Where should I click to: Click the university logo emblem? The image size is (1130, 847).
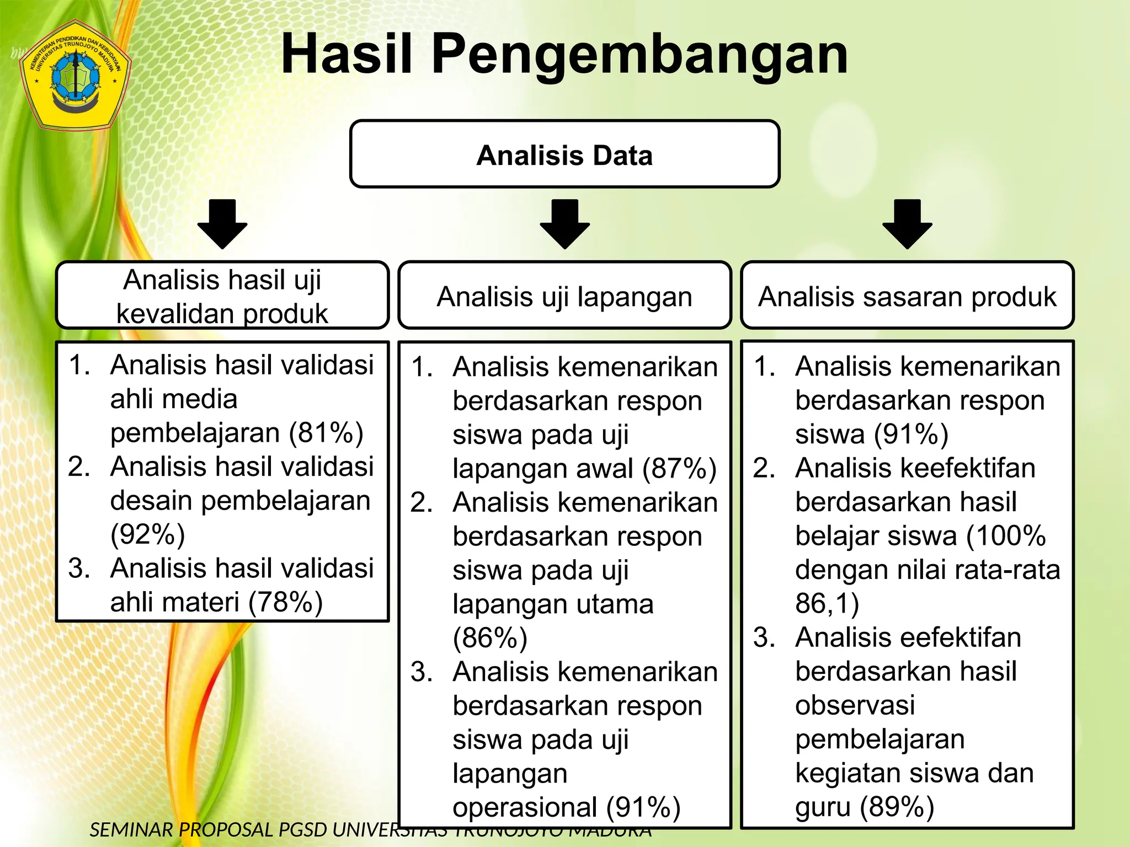coord(75,75)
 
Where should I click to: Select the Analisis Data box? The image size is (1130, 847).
coord(564,154)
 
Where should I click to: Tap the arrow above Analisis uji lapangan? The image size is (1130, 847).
coord(564,223)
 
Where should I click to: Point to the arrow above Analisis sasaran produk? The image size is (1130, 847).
coord(907,223)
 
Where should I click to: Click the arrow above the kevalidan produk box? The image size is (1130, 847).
coord(222,223)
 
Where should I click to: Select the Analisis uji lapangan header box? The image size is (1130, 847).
coord(564,296)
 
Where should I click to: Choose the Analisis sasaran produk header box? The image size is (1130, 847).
coord(907,296)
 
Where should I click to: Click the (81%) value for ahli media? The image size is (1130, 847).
coord(326,433)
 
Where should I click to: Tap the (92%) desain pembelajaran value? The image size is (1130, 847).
coord(147,534)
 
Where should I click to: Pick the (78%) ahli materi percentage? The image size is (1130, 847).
coord(285,602)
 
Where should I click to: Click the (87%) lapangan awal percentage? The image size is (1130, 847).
coord(679,469)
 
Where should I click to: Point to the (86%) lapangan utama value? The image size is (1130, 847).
coord(490,638)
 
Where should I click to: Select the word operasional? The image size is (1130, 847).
coord(525,807)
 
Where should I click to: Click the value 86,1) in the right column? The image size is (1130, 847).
coord(827,603)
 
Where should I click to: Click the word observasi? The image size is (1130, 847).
coord(855,705)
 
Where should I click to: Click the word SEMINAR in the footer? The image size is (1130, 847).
coord(131,830)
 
